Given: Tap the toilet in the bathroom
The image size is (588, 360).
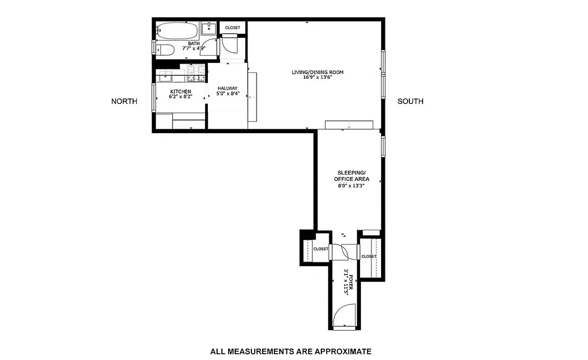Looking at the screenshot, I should [x=165, y=50].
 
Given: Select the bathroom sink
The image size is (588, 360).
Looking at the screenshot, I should [x=208, y=29].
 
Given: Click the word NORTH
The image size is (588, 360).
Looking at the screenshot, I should [x=124, y=101].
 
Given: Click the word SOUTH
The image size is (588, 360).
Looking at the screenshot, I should [x=410, y=101].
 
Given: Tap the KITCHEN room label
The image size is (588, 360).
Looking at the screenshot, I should [x=180, y=92].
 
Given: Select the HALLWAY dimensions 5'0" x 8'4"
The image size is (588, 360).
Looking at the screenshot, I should [x=228, y=94].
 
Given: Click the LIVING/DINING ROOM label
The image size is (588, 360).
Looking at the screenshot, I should [x=320, y=72].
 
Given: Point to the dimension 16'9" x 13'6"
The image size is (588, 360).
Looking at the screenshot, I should [x=320, y=77].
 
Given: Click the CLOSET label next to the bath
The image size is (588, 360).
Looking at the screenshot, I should [x=233, y=28].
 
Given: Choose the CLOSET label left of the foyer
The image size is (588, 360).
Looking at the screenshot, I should [x=321, y=249].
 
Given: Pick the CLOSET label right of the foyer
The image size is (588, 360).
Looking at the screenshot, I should [x=368, y=256].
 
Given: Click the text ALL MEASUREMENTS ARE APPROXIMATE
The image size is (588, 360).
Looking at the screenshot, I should [x=291, y=351].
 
